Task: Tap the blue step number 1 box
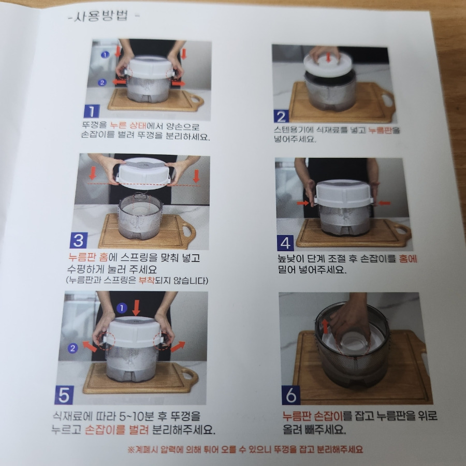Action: (x=92, y=111)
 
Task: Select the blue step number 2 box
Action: (x=281, y=116)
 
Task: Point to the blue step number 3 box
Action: (x=79, y=240)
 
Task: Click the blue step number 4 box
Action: (x=285, y=243)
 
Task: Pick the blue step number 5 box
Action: (x=64, y=395)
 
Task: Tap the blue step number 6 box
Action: (x=291, y=395)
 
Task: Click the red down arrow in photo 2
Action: (x=328, y=57)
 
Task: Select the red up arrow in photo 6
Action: (x=326, y=326)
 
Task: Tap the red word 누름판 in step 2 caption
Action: (x=380, y=130)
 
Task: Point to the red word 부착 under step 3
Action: (x=147, y=280)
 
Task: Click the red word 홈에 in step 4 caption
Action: (x=408, y=258)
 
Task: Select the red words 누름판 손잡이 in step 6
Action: (x=313, y=416)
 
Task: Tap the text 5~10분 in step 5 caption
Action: (x=136, y=416)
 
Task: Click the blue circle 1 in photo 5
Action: (x=122, y=308)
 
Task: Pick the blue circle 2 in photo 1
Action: (x=102, y=82)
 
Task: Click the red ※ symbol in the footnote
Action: (x=131, y=449)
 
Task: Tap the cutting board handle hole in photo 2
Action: (x=387, y=100)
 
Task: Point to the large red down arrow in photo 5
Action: (x=136, y=308)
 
